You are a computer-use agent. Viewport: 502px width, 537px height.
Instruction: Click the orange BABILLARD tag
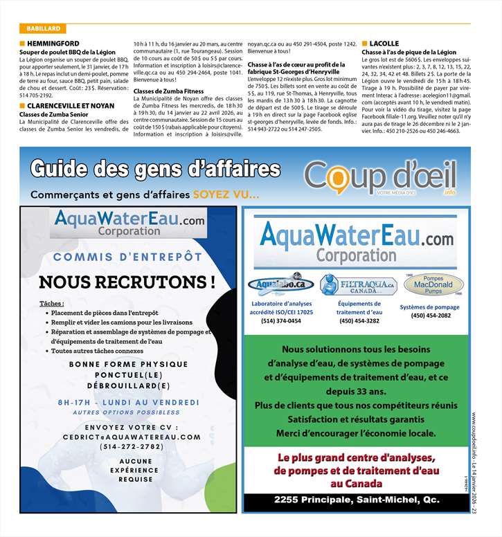coord(43,28)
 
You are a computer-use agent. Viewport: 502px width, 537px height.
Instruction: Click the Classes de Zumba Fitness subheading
coord(168,91)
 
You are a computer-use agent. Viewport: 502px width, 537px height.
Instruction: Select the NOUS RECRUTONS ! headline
coord(127,282)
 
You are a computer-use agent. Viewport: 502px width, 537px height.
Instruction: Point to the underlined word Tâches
coord(52,303)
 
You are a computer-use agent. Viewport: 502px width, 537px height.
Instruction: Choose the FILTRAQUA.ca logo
coord(358,284)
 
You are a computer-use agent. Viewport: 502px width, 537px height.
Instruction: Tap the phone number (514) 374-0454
coord(281,320)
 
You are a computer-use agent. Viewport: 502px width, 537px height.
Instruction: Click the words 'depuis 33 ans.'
coord(356,391)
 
